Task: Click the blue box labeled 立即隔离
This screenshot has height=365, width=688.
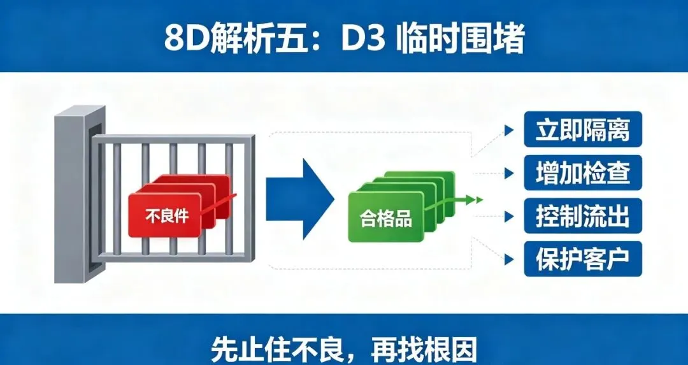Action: click(x=583, y=129)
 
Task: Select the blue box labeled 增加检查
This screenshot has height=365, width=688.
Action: click(x=583, y=173)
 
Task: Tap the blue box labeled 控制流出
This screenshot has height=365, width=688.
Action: click(x=583, y=216)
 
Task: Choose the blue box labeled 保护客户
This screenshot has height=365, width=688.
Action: click(x=583, y=259)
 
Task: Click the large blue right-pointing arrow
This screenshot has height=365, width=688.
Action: click(x=300, y=199)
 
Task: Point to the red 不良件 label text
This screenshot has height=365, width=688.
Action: click(x=167, y=216)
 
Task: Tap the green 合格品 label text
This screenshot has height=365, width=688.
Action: click(x=386, y=218)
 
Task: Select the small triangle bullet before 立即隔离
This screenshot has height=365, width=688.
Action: click(x=509, y=131)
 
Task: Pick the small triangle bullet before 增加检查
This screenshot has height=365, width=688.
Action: click(x=509, y=173)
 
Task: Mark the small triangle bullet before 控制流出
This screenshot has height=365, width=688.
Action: click(x=509, y=217)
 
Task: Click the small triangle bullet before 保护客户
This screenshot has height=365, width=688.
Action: click(x=509, y=259)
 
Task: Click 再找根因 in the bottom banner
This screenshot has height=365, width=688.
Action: click(x=424, y=349)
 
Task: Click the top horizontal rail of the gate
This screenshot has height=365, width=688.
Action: click(x=173, y=139)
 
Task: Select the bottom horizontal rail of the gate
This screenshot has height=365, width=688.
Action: click(x=173, y=257)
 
